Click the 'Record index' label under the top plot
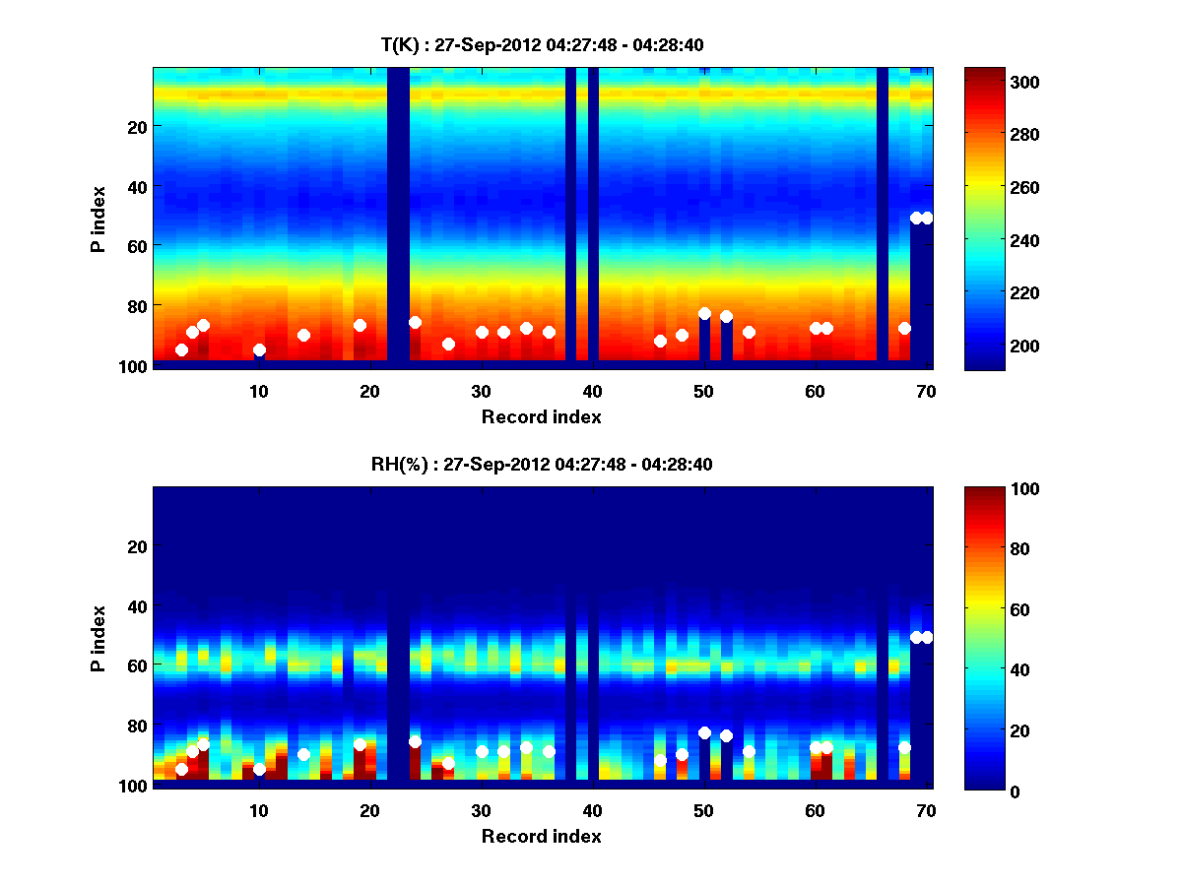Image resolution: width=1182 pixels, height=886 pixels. pyautogui.click(x=542, y=416)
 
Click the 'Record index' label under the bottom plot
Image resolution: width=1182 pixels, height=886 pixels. pyautogui.click(x=542, y=836)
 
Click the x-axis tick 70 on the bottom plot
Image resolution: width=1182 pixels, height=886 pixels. pyautogui.click(x=926, y=809)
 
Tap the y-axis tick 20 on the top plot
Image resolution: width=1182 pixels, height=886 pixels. pyautogui.click(x=136, y=126)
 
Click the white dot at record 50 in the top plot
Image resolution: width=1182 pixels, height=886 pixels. pyautogui.click(x=704, y=314)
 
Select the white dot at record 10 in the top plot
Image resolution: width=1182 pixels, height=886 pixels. pyautogui.click(x=259, y=349)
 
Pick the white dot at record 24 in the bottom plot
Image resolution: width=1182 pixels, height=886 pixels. pyautogui.click(x=415, y=741)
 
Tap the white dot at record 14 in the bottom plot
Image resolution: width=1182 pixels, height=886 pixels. pyautogui.click(x=303, y=754)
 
